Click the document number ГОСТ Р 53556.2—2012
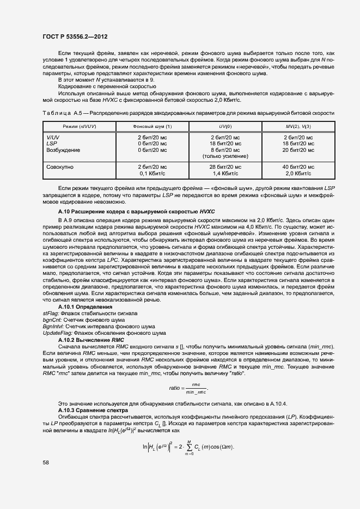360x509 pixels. pyautogui.click(x=75, y=36)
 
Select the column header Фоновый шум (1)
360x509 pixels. pyautogui.click(x=152, y=126)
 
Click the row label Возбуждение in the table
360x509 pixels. pyautogui.click(x=63, y=150)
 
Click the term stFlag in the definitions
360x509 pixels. pyautogui.click(x=51, y=313)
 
